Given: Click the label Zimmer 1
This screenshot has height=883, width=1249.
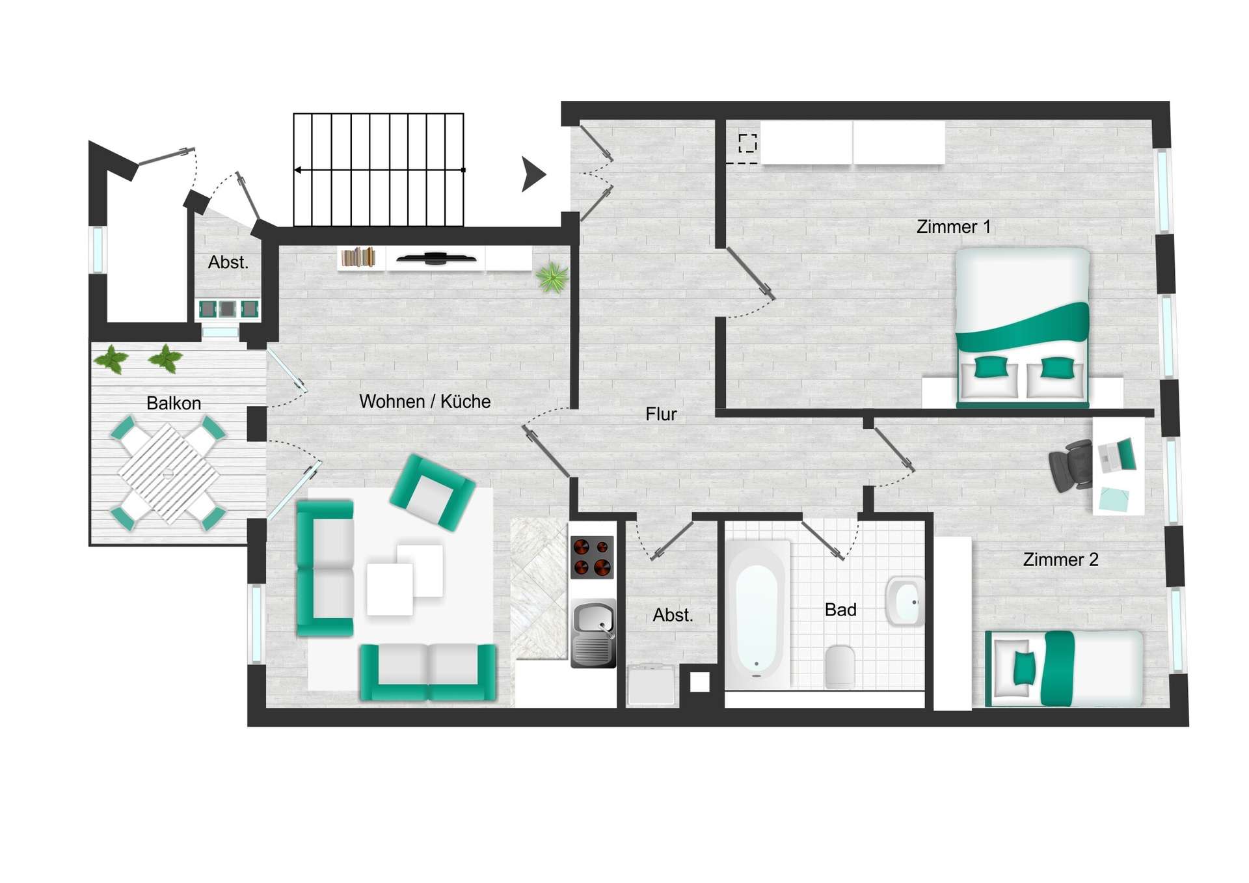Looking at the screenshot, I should pyautogui.click(x=953, y=227).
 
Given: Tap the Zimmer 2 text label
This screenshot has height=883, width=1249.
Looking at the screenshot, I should pyautogui.click(x=1060, y=560).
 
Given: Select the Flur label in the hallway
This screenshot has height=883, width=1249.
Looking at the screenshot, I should pyautogui.click(x=661, y=414).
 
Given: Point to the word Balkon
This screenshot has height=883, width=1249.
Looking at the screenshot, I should pyautogui.click(x=174, y=403).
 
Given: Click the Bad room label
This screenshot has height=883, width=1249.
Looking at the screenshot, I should pyautogui.click(x=840, y=610).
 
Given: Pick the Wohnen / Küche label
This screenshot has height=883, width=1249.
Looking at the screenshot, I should pyautogui.click(x=425, y=401).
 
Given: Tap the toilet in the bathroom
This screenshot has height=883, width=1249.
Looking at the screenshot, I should pyautogui.click(x=839, y=666).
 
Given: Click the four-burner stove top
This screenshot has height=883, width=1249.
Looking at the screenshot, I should pyautogui.click(x=592, y=557).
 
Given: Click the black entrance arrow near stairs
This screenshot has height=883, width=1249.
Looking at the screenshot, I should pyautogui.click(x=533, y=174).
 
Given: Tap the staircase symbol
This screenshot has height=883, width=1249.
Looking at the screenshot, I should pyautogui.click(x=379, y=170).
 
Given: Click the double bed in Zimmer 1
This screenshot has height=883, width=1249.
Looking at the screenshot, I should pyautogui.click(x=1022, y=327).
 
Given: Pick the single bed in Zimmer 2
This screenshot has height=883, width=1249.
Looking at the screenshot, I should pyautogui.click(x=1064, y=668).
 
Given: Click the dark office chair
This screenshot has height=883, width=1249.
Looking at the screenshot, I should pyautogui.click(x=1071, y=465).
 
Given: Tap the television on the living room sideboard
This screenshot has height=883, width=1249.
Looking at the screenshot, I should pyautogui.click(x=435, y=258).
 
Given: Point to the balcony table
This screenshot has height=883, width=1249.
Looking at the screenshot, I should pyautogui.click(x=168, y=473).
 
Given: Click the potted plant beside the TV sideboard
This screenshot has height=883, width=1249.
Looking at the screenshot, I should pyautogui.click(x=552, y=278).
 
